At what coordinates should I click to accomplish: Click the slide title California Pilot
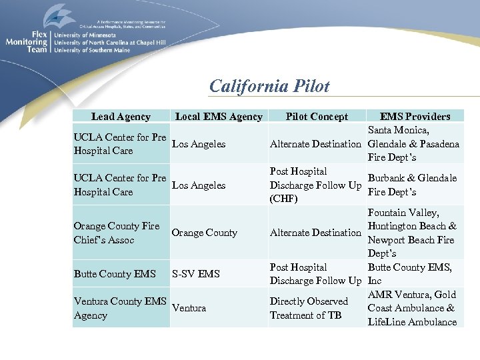click(x=269, y=86)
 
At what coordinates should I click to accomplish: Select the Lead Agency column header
click(x=121, y=117)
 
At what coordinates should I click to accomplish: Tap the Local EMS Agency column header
click(x=219, y=117)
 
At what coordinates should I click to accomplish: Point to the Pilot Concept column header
click(x=317, y=117)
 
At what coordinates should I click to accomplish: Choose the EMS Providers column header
click(x=415, y=117)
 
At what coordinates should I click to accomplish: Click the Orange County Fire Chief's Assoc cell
click(x=117, y=233)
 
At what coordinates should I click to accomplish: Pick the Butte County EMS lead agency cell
click(x=114, y=274)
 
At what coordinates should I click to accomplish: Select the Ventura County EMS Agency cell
click(x=120, y=309)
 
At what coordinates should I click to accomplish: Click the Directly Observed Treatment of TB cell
click(x=309, y=308)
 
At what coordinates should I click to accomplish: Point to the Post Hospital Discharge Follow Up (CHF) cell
click(x=315, y=185)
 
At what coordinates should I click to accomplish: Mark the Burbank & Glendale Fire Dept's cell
click(x=413, y=185)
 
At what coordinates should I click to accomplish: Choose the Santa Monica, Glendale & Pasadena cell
click(x=413, y=144)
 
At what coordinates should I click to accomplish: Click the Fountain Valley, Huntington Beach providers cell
click(x=413, y=233)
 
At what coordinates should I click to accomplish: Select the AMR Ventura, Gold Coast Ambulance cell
click(x=413, y=308)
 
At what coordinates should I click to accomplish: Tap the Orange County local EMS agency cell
click(x=204, y=233)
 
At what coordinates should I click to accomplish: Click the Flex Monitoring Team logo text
click(x=27, y=41)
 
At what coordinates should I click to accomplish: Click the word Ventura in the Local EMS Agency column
click(x=189, y=309)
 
